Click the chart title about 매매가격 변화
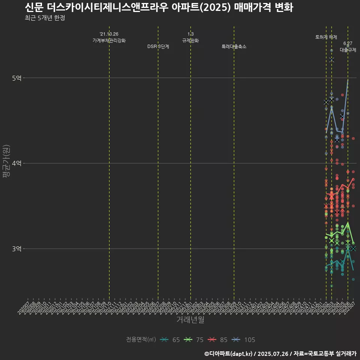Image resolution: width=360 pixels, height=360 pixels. pyautogui.click(x=159, y=7)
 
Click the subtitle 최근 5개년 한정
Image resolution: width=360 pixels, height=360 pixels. pyautogui.click(x=45, y=18)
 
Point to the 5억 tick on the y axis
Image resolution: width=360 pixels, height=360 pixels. pyautogui.click(x=17, y=78)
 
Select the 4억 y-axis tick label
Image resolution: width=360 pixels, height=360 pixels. pyautogui.click(x=17, y=163)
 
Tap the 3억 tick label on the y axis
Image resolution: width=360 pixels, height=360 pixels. pyautogui.click(x=17, y=249)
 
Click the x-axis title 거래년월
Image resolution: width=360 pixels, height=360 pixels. pyautogui.click(x=190, y=320)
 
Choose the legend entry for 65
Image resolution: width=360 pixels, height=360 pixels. pyautogui.click(x=170, y=340)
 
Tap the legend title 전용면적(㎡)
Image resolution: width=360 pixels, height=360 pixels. pyautogui.click(x=141, y=340)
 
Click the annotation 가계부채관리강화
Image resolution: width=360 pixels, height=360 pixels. pyautogui.click(x=109, y=40)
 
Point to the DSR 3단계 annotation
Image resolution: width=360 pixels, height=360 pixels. pyautogui.click(x=158, y=47)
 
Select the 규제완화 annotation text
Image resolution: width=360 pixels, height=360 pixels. pyautogui.click(x=190, y=40)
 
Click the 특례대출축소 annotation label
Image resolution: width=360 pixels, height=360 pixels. pyautogui.click(x=234, y=47)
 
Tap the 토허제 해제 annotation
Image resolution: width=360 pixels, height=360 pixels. pyautogui.click(x=326, y=37)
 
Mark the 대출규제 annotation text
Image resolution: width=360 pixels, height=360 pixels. pyautogui.click(x=348, y=50)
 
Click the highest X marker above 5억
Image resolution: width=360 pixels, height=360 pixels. pyautogui.click(x=331, y=60)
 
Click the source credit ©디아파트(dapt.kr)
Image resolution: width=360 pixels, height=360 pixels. pyautogui.click(x=228, y=354)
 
